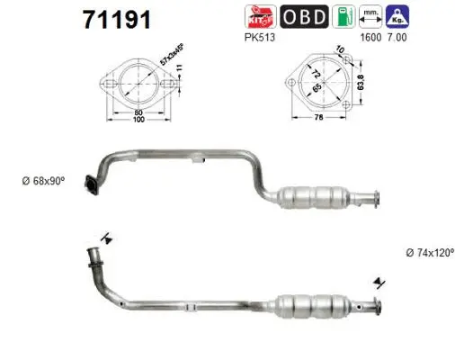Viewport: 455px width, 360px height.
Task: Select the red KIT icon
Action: point(258,17)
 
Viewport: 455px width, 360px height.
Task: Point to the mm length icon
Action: point(371,17)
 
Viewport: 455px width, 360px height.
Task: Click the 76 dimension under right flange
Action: point(320,125)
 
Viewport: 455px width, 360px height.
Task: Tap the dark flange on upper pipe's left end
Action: point(88,185)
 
